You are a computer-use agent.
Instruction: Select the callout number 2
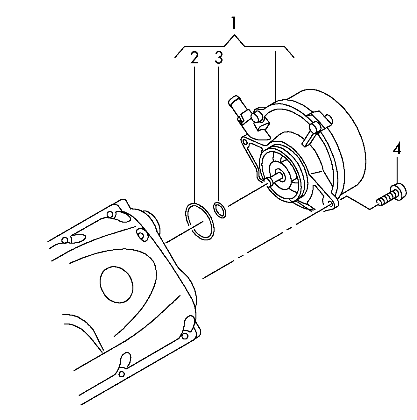194,57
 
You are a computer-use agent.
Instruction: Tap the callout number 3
218,57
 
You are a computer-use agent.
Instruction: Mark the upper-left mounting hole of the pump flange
246,143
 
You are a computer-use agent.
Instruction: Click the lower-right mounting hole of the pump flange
331,203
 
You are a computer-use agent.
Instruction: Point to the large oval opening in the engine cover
116,284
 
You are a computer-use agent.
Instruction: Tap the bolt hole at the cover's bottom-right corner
185,336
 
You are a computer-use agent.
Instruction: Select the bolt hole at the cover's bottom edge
122,374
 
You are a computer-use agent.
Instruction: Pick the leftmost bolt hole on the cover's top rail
65,240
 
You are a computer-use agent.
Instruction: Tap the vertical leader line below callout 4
397,170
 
